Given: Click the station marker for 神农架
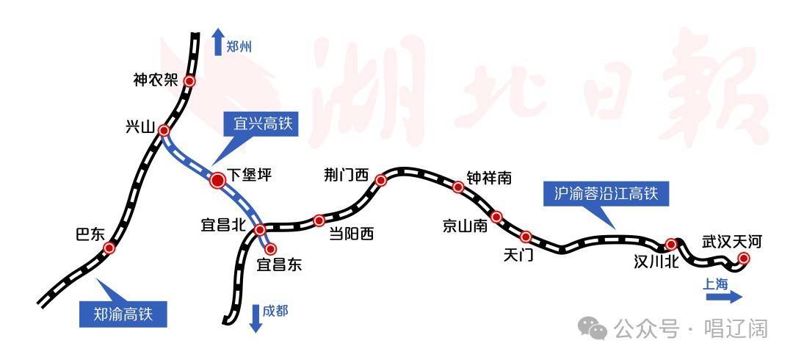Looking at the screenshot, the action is click(x=189, y=81).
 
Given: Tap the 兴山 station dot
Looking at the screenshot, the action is click(x=164, y=131).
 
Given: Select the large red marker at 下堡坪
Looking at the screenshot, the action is click(x=218, y=180).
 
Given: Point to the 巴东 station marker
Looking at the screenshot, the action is click(x=109, y=248).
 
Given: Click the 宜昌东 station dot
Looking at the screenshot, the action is click(x=270, y=248).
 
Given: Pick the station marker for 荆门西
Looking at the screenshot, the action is click(x=381, y=180).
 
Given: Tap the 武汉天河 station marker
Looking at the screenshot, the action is click(x=743, y=258).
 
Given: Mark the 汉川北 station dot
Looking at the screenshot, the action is click(x=671, y=244).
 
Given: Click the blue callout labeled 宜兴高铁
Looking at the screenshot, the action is click(x=262, y=124).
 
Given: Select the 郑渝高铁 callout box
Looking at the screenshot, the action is click(x=123, y=314).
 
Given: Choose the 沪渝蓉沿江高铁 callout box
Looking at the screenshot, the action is click(x=606, y=193).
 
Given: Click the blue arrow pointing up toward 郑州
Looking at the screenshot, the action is click(x=218, y=42).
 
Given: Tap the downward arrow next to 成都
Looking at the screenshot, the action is click(x=256, y=318).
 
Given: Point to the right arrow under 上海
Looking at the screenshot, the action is click(x=724, y=298).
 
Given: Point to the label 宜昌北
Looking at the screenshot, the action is click(x=223, y=223).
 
